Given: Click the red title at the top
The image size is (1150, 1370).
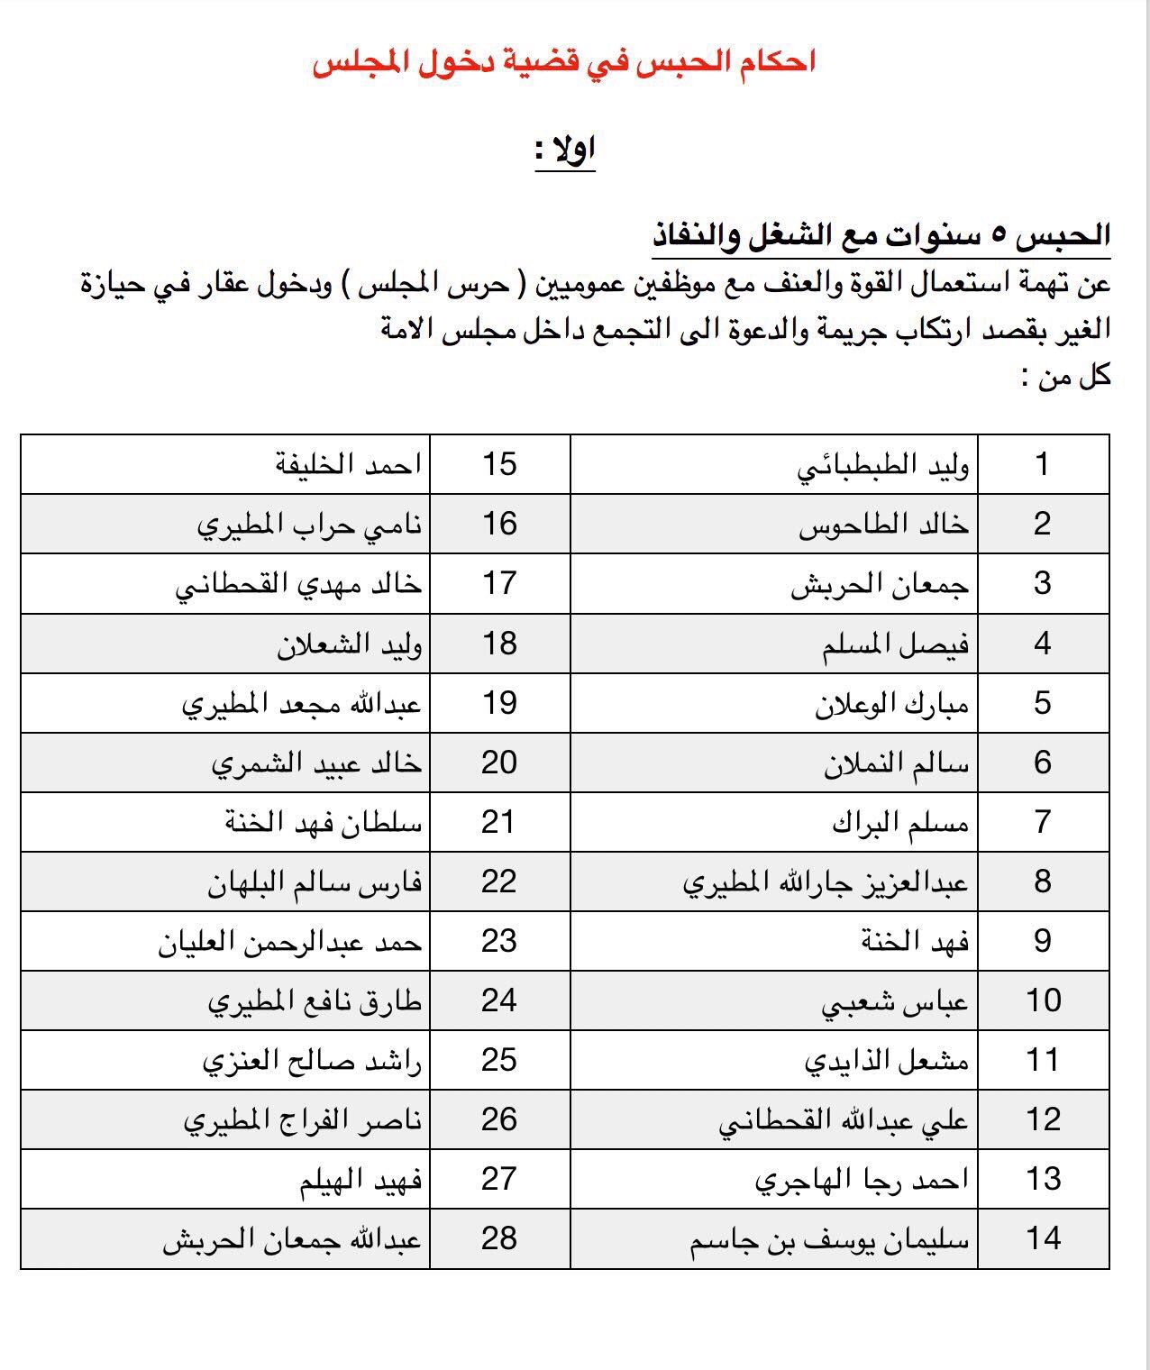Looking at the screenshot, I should tap(564, 64).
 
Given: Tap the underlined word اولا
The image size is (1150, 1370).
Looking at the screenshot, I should tap(565, 151).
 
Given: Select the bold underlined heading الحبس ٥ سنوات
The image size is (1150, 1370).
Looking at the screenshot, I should tap(881, 236).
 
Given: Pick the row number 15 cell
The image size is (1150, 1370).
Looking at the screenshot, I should tap(499, 465).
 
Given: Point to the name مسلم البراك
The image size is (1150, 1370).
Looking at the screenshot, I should tap(899, 823).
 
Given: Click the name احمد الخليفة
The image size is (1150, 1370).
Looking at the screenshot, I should tap(348, 465).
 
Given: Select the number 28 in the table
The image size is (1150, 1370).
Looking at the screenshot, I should tap(499, 1238).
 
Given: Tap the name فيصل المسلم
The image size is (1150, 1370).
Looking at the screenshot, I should tap(895, 644).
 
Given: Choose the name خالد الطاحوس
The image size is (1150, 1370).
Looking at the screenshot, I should tap(883, 525).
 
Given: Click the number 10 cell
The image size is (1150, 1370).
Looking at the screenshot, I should tap(1043, 1000).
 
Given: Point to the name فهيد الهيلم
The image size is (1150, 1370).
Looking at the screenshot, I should tap(361, 1180).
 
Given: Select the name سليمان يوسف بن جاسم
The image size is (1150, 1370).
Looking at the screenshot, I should tap(829, 1239).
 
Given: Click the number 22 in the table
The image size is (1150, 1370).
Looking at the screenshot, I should tap(499, 881).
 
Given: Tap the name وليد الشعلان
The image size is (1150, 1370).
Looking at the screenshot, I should tap(349, 644).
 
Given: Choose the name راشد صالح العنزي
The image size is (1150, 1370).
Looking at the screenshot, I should tap(312, 1061).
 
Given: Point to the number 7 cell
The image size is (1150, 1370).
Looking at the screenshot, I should tap(1043, 822).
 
